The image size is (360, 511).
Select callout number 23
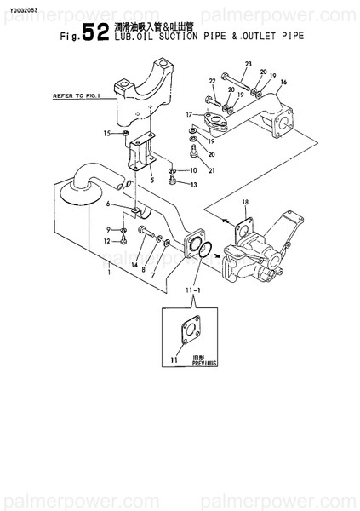[x=248, y=65]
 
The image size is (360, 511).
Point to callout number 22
[x=212, y=82]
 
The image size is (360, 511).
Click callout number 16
[x=283, y=83]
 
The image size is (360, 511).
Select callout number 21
[x=212, y=170]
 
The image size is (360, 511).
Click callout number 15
[x=107, y=134]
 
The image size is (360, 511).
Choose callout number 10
[x=192, y=170]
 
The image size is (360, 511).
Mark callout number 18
[x=245, y=201]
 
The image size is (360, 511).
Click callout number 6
[x=109, y=204]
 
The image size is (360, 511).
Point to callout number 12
[x=108, y=242]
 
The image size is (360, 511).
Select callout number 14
[x=134, y=266]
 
